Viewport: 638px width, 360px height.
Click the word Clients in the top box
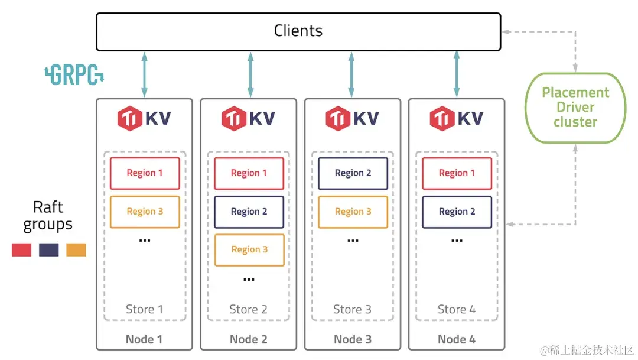click(x=298, y=31)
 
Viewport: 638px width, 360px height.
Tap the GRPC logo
click(x=74, y=74)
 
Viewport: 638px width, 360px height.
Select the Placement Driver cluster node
click(x=575, y=108)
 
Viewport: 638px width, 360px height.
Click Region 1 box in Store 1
click(x=145, y=173)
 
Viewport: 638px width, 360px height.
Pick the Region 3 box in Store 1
click(x=145, y=212)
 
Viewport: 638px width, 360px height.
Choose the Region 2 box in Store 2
click(x=249, y=212)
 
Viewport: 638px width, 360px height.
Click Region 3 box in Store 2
click(x=249, y=249)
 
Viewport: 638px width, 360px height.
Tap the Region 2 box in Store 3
click(x=353, y=173)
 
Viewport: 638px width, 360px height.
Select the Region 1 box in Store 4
click(x=457, y=173)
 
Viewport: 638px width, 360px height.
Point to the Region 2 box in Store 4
click(x=457, y=212)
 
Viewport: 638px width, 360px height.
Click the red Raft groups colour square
click(x=22, y=249)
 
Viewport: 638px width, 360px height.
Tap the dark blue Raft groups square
click(x=49, y=249)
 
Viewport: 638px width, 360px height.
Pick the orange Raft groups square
click(x=76, y=249)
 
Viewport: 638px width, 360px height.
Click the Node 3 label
click(x=353, y=339)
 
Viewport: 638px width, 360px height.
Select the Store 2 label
click(x=248, y=310)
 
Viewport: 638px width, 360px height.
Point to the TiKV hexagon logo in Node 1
click(x=130, y=118)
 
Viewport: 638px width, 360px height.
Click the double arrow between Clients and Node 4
click(x=457, y=74)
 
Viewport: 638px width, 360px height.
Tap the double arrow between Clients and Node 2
click(x=250, y=74)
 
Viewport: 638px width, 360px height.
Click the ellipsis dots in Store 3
click(x=353, y=241)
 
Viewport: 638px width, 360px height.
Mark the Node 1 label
click(x=144, y=339)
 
